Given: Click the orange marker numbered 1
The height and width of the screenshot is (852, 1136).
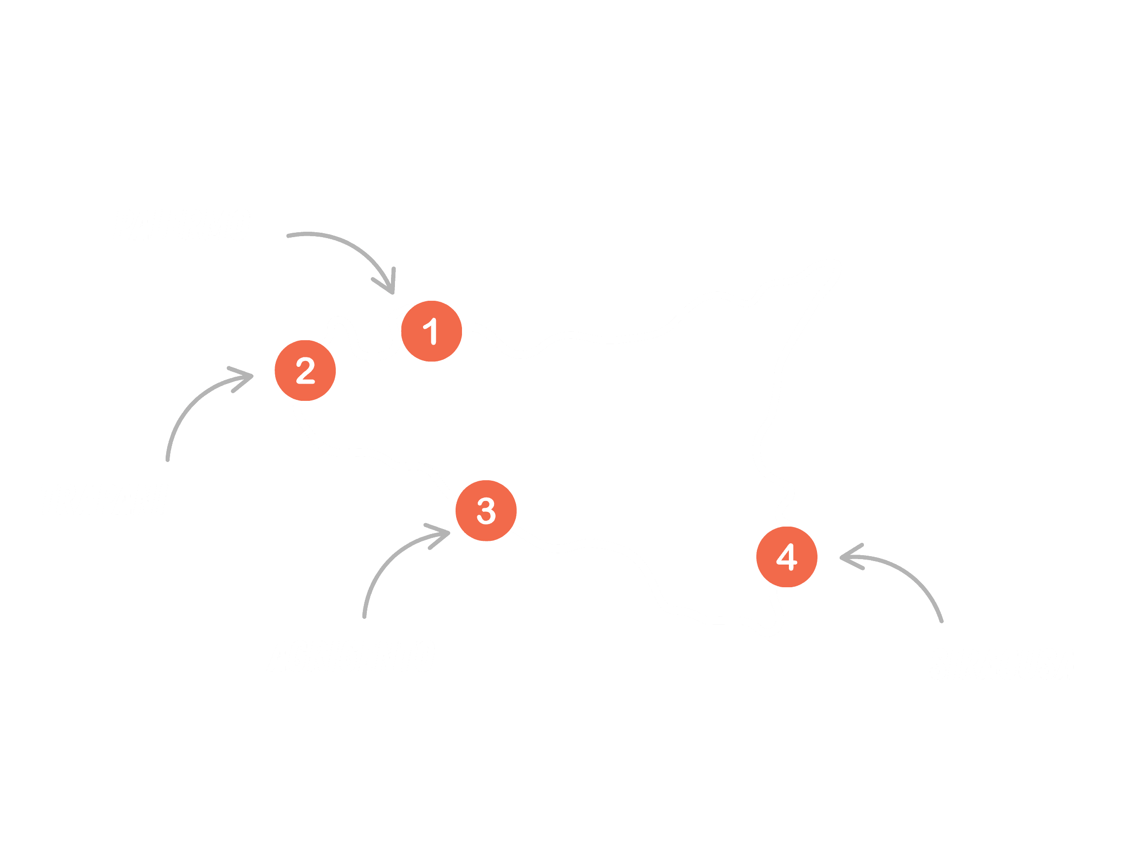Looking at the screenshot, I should (x=431, y=331).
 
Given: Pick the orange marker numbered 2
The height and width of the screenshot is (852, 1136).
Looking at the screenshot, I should (x=305, y=370).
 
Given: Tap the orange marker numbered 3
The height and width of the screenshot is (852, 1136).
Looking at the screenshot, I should (x=486, y=510).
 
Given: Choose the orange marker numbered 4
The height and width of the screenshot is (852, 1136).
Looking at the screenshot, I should (x=787, y=557).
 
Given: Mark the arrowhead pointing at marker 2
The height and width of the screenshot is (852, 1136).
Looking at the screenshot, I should (x=249, y=376).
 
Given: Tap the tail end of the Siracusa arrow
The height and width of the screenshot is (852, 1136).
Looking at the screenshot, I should (x=941, y=621).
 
